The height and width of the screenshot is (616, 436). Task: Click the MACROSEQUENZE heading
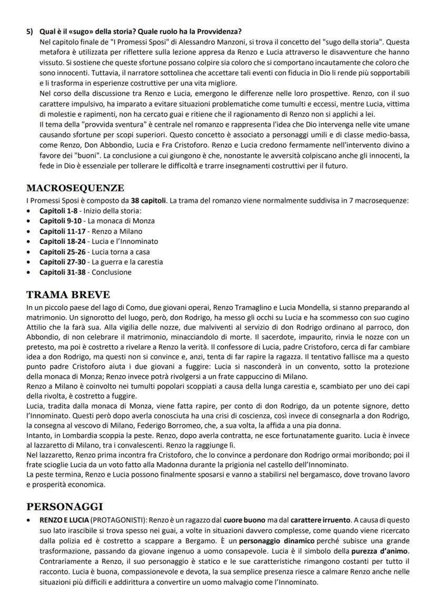(x=75, y=188)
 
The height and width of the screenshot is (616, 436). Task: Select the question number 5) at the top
(x=31, y=32)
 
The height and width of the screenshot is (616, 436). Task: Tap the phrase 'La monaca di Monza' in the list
(x=121, y=221)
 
